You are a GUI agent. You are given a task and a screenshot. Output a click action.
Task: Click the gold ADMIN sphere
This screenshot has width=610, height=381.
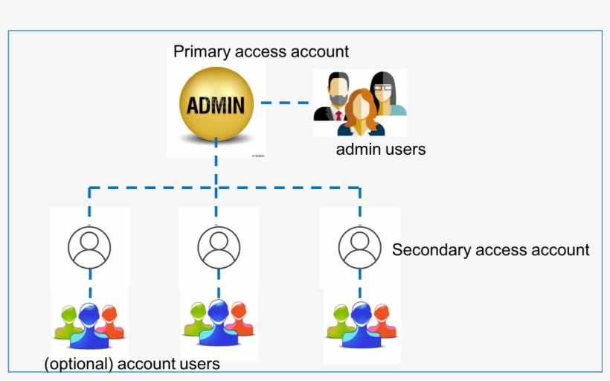216,104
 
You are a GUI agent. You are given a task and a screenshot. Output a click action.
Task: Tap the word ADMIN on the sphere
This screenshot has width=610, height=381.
216,105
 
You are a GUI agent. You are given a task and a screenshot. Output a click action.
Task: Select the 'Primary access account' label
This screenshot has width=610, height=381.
261,51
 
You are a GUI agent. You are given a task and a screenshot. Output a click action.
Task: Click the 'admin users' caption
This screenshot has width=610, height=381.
381,149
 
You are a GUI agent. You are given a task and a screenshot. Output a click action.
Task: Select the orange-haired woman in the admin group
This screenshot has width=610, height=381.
362,112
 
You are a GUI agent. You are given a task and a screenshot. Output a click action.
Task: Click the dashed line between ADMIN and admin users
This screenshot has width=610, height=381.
284,103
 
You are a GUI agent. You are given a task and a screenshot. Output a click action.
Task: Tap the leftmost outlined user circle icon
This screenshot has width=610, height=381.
89,246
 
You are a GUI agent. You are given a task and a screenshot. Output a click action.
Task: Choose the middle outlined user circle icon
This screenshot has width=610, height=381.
219,246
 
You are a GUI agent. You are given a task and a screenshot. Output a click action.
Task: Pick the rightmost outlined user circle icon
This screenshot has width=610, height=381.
359,246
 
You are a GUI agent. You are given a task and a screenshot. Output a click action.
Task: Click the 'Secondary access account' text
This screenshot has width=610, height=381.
490,250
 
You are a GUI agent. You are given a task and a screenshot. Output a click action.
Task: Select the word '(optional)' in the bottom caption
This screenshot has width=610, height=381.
78,364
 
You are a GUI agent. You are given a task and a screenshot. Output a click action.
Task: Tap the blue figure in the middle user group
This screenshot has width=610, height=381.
219,323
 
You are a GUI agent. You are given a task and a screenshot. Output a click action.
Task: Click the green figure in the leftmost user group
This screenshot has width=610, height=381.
68,321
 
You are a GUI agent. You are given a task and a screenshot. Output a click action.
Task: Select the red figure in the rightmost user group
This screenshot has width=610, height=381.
382,318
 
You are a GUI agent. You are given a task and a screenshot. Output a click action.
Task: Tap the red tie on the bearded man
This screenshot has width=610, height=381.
338,115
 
